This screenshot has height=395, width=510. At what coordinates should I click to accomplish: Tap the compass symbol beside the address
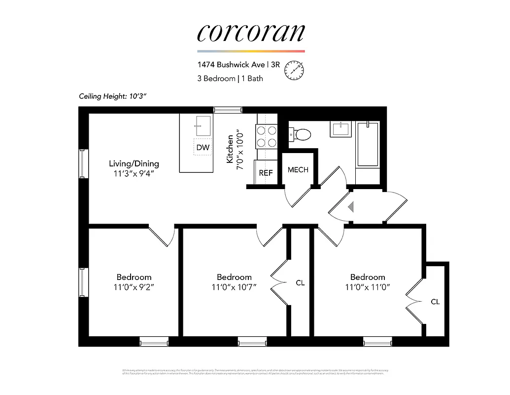click(294, 71)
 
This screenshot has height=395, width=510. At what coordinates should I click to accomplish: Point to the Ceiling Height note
click(113, 96)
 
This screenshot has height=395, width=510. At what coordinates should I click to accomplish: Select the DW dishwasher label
click(203, 147)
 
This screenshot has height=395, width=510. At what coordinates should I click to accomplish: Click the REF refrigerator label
click(266, 173)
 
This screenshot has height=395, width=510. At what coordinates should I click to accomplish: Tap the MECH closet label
click(298, 170)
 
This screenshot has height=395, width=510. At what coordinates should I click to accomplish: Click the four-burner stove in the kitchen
click(266, 136)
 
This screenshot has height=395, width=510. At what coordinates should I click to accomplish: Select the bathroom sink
click(341, 129)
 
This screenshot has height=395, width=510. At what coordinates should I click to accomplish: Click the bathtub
click(368, 144)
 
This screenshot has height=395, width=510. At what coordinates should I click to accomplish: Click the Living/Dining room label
click(134, 163)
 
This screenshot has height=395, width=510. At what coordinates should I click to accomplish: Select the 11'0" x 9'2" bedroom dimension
click(134, 286)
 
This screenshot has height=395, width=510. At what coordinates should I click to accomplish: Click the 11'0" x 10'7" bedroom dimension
click(234, 286)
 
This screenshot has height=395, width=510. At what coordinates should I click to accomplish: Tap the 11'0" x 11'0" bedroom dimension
click(368, 286)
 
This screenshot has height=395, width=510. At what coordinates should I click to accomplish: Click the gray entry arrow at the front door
click(351, 207)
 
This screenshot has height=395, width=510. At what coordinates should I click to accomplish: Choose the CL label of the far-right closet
click(435, 301)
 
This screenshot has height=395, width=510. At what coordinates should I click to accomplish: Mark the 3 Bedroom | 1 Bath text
click(230, 79)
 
